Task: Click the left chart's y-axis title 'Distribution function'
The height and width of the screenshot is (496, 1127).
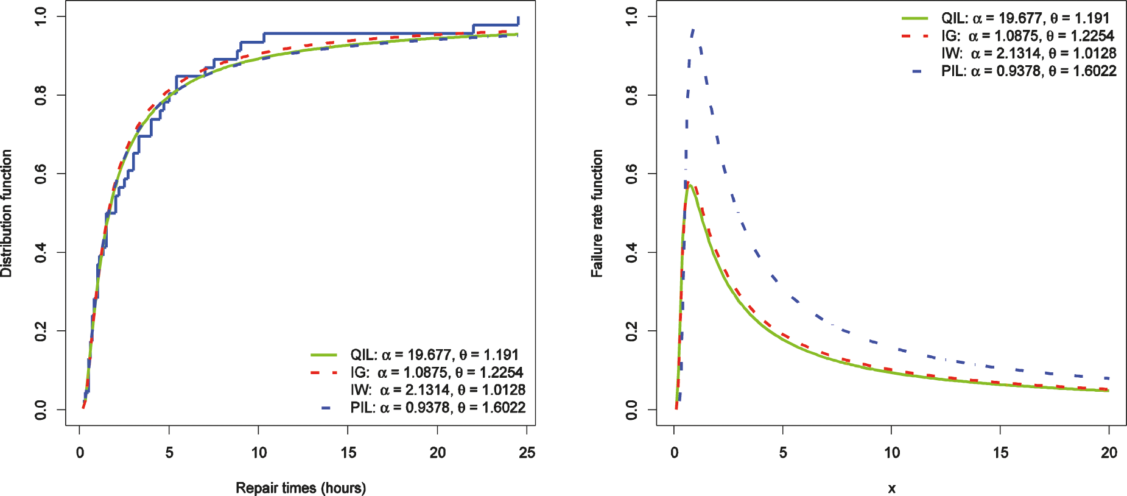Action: tap(7, 213)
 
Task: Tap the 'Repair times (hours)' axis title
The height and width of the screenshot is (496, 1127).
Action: tap(301, 487)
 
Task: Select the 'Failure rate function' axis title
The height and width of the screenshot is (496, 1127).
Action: tap(597, 213)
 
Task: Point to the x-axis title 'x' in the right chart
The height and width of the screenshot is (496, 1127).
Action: tap(891, 488)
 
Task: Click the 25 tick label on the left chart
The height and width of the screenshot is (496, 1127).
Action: tap(527, 453)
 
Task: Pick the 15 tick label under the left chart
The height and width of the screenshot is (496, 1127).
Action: tap(348, 453)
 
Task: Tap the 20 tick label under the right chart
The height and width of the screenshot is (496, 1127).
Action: tap(1109, 453)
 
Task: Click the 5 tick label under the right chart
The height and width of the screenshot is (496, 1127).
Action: tap(783, 453)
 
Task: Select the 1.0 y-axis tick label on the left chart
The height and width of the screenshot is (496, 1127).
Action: tap(41, 16)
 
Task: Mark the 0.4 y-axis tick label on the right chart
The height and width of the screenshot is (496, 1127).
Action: tap(632, 252)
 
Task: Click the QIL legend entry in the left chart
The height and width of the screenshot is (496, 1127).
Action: tap(434, 355)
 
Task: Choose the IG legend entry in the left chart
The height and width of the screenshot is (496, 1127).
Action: tap(437, 372)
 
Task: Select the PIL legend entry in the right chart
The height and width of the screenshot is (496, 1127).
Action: tap(1028, 71)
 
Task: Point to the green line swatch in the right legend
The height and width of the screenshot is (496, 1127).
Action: tap(915, 18)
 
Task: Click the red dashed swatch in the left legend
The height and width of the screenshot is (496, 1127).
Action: tap(323, 372)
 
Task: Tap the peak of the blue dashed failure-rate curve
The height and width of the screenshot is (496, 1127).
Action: tap(692, 29)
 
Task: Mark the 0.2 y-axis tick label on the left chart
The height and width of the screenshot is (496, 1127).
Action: tap(41, 331)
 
